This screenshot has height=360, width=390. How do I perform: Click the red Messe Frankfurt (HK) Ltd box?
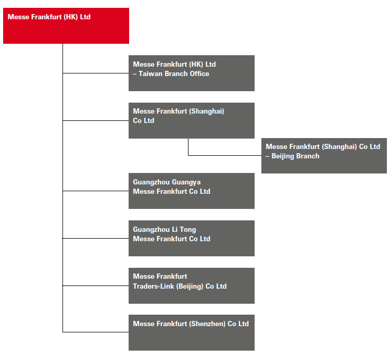(66, 26)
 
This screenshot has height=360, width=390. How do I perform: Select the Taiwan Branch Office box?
(192, 73)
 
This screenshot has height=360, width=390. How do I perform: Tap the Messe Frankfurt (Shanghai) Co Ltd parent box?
(192, 120)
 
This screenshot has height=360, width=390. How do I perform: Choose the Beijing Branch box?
(324, 155)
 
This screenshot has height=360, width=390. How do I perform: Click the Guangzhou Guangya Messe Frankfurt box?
(192, 191)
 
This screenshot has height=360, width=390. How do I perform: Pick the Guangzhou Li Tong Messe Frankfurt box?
(192, 238)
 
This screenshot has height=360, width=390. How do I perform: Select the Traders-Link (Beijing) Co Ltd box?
(192, 285)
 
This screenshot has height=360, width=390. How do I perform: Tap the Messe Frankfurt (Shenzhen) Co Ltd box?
(192, 332)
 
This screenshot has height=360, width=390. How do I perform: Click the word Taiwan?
(150, 73)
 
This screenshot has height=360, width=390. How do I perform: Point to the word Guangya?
(186, 182)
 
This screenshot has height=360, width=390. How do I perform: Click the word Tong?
(188, 229)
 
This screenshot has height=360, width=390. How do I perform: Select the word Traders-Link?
(154, 286)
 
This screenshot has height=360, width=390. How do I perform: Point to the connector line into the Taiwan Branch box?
(95, 73)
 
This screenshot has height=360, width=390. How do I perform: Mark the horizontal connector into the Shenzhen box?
(95, 332)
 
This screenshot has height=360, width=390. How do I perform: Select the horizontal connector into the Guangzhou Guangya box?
(95, 191)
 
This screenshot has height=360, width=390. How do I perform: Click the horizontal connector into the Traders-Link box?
(95, 285)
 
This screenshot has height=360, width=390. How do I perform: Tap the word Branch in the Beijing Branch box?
(308, 156)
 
